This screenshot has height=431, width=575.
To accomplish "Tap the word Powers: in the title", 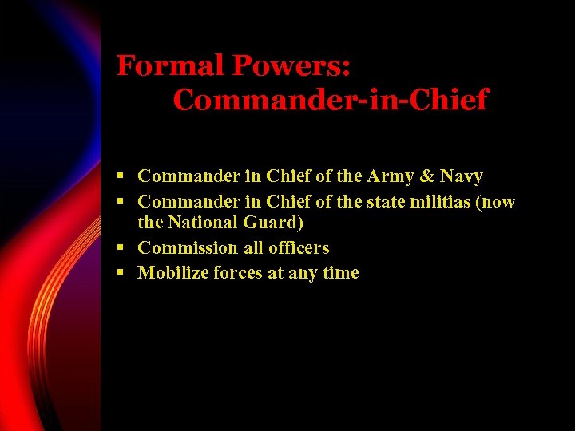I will [x=291, y=65].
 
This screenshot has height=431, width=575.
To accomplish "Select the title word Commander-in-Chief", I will [x=330, y=101].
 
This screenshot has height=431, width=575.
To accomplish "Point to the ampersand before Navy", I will [x=430, y=176].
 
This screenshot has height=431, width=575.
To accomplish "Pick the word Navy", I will [x=462, y=176].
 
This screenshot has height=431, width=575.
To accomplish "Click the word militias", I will [x=438, y=202].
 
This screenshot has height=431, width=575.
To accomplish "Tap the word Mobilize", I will [x=172, y=273].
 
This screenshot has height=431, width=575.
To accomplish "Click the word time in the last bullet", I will [x=340, y=273].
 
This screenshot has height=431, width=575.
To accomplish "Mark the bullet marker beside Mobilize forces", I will [x=121, y=272].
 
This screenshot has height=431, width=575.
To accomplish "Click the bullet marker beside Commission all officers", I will [x=121, y=247].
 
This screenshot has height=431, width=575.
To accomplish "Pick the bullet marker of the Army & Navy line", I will [x=121, y=176].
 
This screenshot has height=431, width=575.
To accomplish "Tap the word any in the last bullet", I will [x=303, y=274].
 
